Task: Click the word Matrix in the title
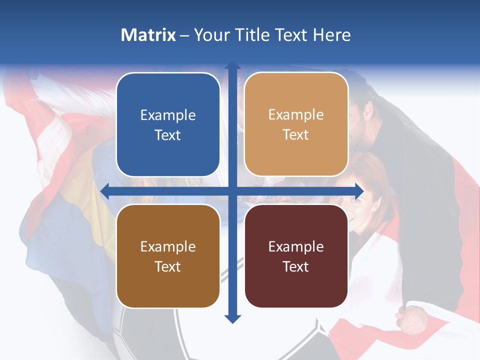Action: (148, 35)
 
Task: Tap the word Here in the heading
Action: (331, 35)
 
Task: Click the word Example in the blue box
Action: (168, 115)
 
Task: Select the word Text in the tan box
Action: (296, 135)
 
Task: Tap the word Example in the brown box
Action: (168, 247)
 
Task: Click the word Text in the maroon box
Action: (296, 266)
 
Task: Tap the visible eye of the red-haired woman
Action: (356, 200)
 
